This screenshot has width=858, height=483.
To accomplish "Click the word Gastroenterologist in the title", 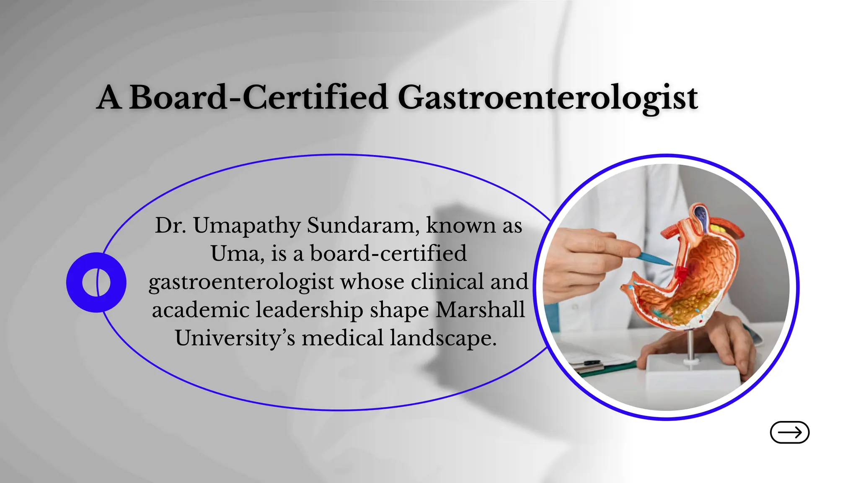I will [547, 98].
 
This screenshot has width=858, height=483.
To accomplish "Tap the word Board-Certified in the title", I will [258, 98].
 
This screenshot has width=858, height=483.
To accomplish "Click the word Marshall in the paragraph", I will [480, 310].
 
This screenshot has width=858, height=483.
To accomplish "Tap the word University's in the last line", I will [235, 338].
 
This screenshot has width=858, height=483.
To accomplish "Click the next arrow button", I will [789, 432].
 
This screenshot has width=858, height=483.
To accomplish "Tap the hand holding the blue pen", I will [587, 260].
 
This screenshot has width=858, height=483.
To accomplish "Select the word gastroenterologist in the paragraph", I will [241, 282].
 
